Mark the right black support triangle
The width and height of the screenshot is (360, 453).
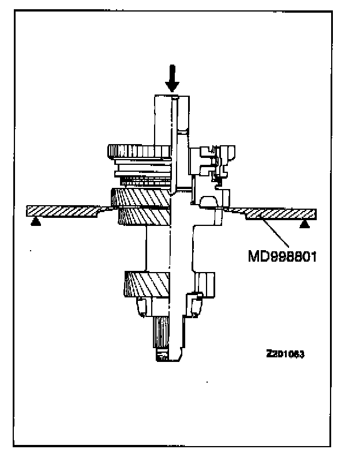click(x=304, y=224)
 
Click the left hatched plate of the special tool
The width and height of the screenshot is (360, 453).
click(x=63, y=210)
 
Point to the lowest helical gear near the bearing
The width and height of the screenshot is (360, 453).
click(x=144, y=284)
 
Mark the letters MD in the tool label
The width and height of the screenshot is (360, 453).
click(x=257, y=254)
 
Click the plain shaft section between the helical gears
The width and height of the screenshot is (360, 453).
click(x=173, y=248)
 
